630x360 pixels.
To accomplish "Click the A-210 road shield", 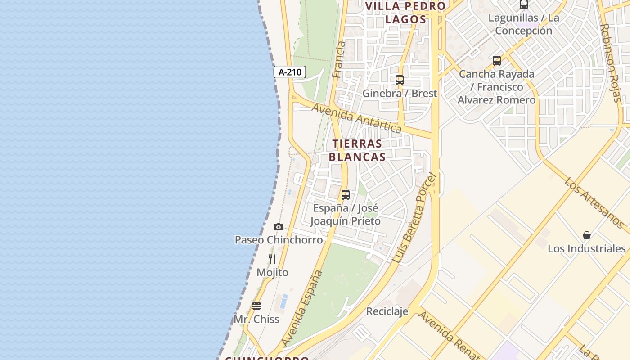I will (290, 72).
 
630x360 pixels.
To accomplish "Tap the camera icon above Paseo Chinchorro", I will (279, 227).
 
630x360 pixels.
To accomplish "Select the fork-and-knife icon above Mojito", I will (272, 259).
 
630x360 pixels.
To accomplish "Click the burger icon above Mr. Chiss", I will (256, 306).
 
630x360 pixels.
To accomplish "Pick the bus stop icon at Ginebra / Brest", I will (399, 80).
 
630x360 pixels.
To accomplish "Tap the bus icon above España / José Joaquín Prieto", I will (345, 195).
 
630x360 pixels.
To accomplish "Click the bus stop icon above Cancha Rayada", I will (496, 60).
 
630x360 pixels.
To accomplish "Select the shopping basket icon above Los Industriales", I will (587, 235).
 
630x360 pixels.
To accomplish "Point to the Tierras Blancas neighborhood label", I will (357, 150).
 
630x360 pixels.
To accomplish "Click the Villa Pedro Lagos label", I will (405, 13).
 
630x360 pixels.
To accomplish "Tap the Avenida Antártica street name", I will (356, 118).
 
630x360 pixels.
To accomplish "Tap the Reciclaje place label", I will (387, 311).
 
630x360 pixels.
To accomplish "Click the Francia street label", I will (338, 59).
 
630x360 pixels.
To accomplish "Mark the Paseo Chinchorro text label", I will (279, 240).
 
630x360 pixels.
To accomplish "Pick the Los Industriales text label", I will (586, 248).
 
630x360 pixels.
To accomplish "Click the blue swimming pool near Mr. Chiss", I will (283, 301).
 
